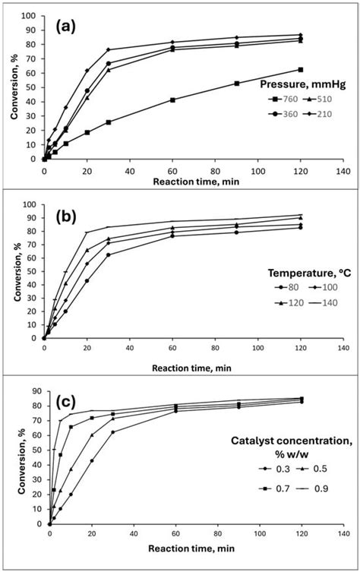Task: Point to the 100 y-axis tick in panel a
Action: pos(32,15)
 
